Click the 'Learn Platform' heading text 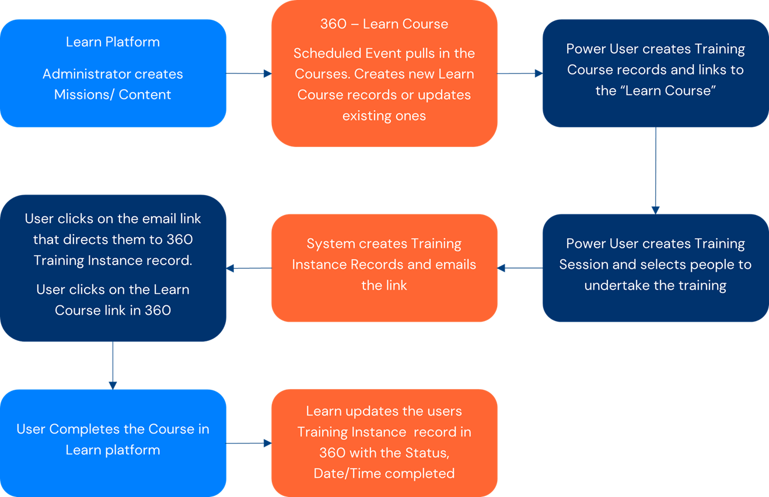click(x=113, y=42)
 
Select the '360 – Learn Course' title click(x=384, y=24)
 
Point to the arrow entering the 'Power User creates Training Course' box click(x=520, y=73)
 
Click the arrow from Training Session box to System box click(x=520, y=268)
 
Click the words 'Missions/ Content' click(x=113, y=94)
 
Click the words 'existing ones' click(x=384, y=115)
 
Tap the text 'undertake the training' click(x=655, y=285)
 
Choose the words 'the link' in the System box click(x=384, y=285)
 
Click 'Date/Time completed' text click(x=384, y=473)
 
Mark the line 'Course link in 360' click(x=113, y=310)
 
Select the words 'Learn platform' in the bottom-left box click(x=113, y=450)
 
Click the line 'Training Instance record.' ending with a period click(x=113, y=260)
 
